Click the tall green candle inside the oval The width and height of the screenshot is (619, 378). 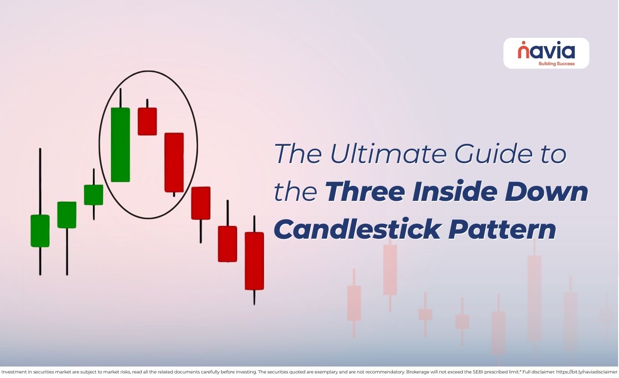point(120,145)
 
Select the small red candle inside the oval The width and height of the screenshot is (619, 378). point(147,121)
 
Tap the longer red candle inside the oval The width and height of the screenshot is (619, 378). point(174,162)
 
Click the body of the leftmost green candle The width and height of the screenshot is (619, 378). point(40,231)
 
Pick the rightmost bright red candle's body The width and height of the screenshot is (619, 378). point(254,261)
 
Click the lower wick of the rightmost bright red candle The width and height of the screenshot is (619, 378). point(254,297)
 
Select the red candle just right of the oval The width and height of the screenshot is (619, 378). point(201,203)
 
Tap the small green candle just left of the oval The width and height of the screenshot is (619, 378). point(93,195)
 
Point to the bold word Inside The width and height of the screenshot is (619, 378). point(455,192)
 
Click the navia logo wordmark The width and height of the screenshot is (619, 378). point(546,50)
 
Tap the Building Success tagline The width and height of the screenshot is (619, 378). point(556,64)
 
